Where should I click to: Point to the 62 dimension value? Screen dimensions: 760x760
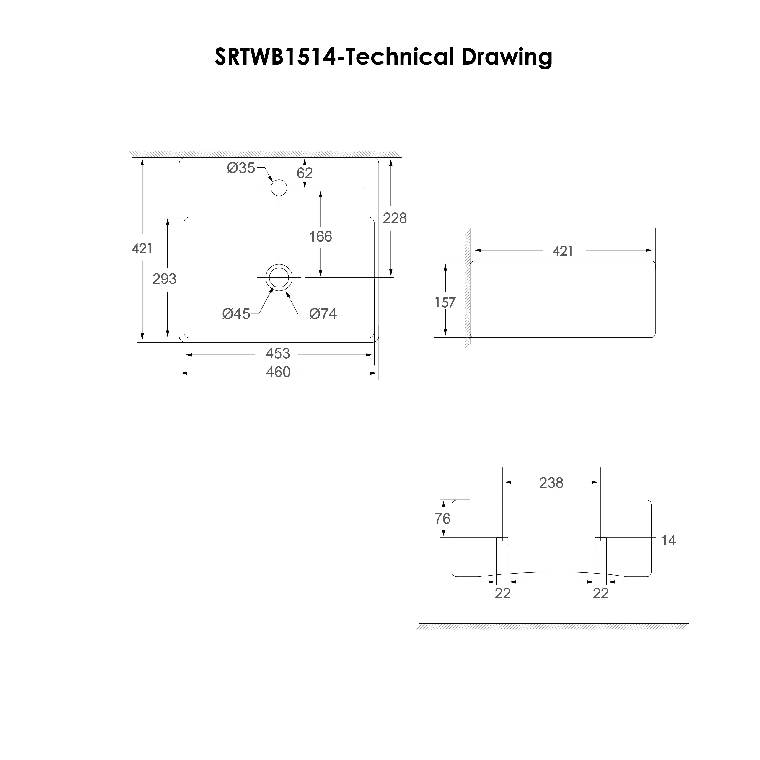(x=305, y=173)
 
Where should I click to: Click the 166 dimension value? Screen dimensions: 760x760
(x=320, y=237)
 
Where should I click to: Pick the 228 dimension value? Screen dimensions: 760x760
(x=395, y=218)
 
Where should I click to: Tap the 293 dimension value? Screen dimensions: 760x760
(x=164, y=279)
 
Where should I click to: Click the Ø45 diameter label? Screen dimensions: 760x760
(x=236, y=314)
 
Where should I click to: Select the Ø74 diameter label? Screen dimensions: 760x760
(x=323, y=314)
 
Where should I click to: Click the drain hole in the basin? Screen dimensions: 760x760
(x=279, y=277)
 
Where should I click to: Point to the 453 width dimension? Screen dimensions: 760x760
(x=278, y=354)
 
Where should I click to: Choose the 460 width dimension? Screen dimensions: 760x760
(x=278, y=372)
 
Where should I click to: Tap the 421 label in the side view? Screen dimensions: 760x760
(x=563, y=251)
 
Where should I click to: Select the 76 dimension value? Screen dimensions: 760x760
(x=442, y=519)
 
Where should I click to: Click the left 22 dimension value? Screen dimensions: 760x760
(x=503, y=594)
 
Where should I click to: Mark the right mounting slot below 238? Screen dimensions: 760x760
(x=601, y=541)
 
